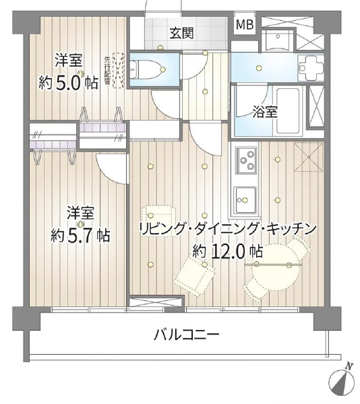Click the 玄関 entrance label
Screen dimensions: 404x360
tap(181, 32)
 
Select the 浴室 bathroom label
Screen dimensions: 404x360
tap(265, 112)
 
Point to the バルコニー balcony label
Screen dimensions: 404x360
tap(186, 335)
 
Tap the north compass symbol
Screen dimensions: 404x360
tap(342, 380)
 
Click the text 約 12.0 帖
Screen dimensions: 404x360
tap(227, 252)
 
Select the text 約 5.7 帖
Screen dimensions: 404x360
tap(80, 236)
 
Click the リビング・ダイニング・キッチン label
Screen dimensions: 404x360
tap(227, 229)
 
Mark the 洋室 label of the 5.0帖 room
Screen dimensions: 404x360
tap(67, 59)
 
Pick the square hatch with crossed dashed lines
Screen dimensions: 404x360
tap(309, 157)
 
